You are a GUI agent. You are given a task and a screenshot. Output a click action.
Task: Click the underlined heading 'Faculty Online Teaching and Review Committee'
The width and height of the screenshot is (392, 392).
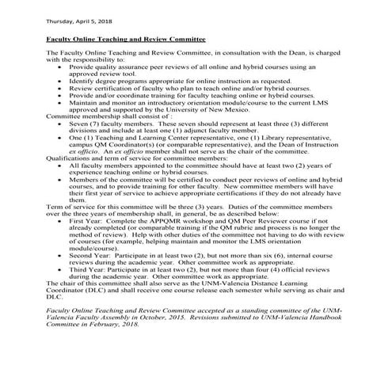[126, 38]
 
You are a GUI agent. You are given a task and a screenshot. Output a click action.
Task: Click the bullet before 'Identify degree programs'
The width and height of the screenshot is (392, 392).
[63, 81]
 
